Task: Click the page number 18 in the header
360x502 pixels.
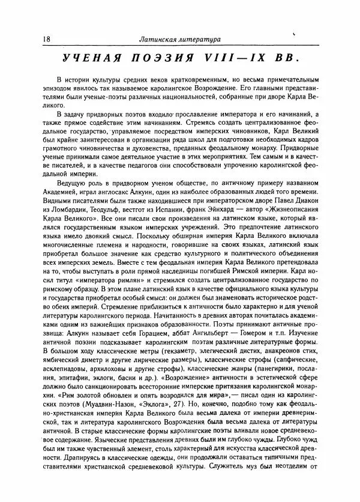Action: (47, 40)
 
